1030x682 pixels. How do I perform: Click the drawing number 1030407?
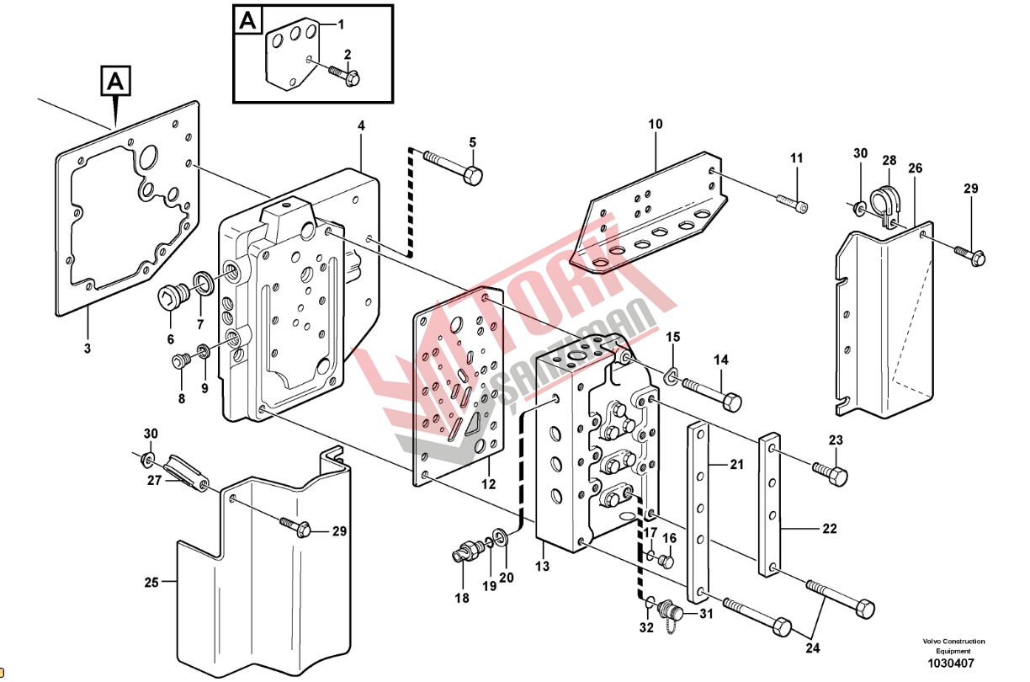coord(950,663)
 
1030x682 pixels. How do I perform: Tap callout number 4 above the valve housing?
coord(361,125)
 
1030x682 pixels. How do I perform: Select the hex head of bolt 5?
coord(473,176)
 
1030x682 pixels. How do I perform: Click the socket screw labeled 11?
coord(792,204)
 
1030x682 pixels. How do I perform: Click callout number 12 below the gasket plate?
coord(488,484)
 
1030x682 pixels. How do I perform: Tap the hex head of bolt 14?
coord(731,402)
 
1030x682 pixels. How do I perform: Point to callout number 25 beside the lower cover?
coord(151,583)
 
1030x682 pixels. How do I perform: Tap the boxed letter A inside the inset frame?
coord(248,21)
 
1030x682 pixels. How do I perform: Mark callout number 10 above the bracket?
coord(656,124)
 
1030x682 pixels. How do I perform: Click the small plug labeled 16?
coord(666,562)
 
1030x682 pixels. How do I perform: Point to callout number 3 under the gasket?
coord(88,349)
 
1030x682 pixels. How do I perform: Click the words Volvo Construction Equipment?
coord(953,646)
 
